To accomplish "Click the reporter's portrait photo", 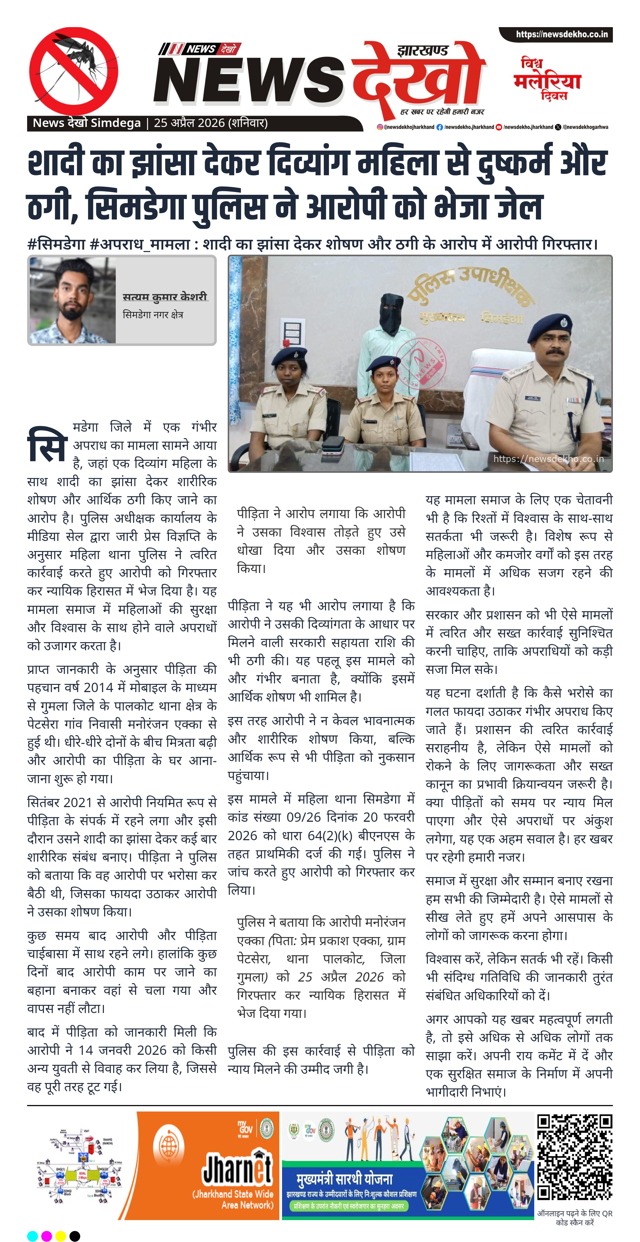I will click(x=73, y=300).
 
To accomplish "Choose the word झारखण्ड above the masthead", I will click(x=423, y=50).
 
